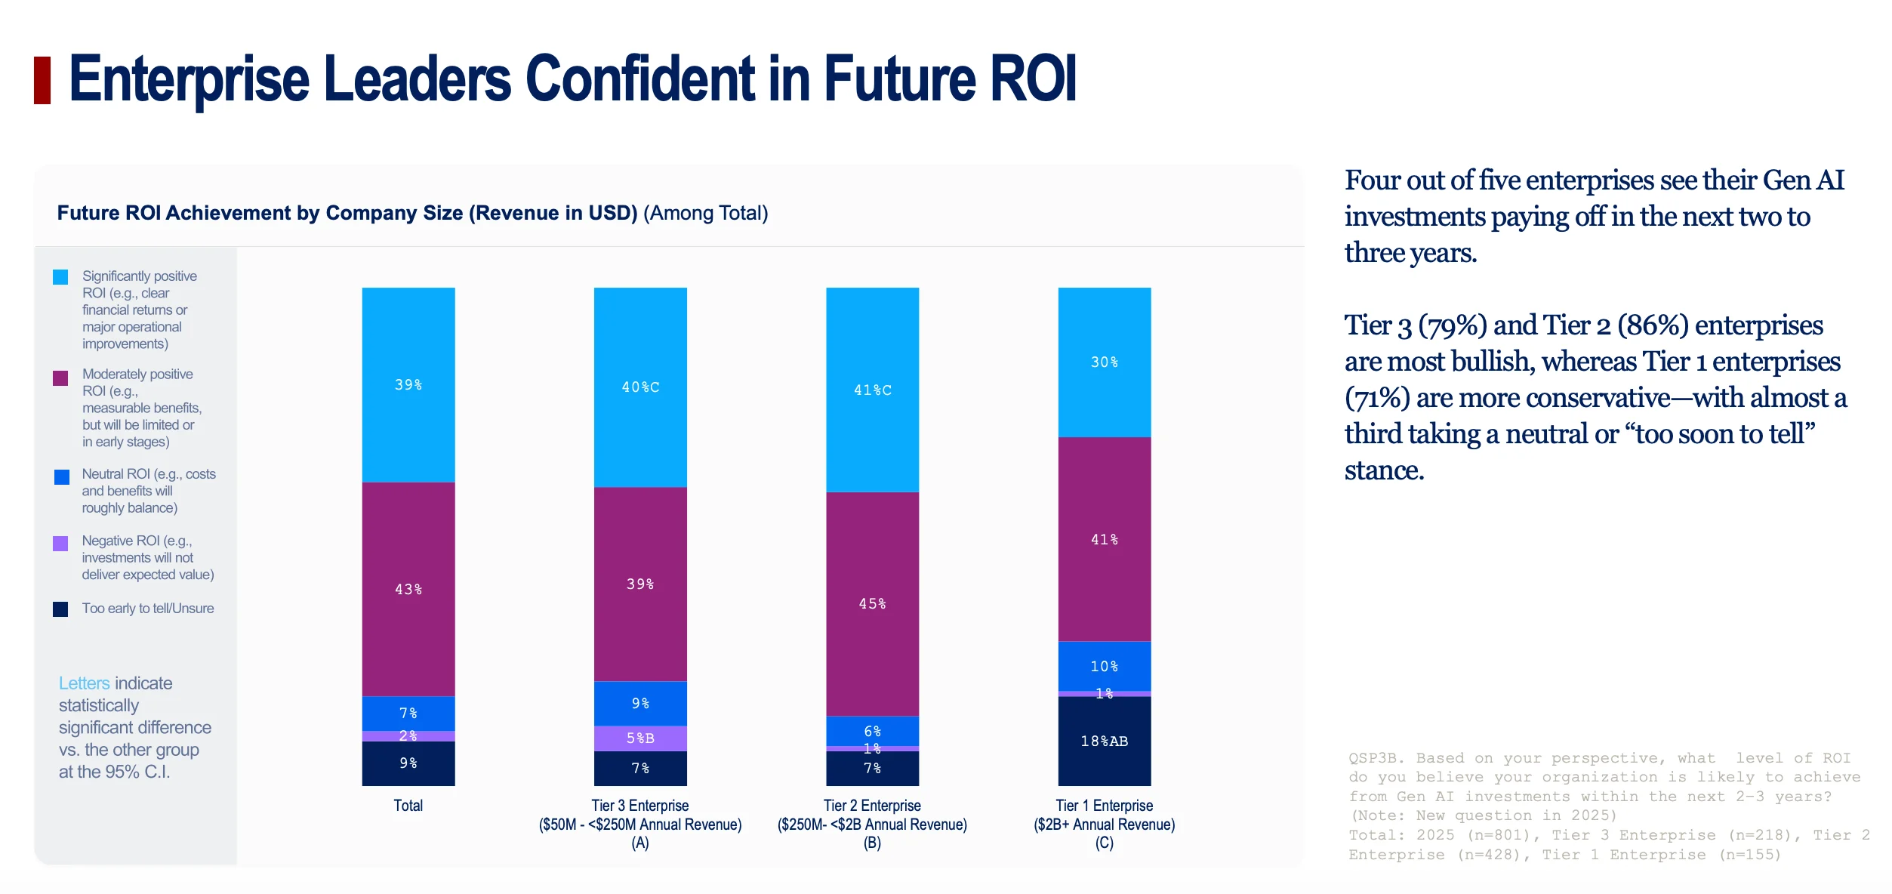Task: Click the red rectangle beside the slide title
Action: click(42, 80)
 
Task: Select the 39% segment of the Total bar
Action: click(408, 384)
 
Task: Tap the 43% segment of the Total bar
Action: click(408, 589)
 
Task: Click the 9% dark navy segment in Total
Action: click(408, 763)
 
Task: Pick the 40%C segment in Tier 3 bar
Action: click(640, 387)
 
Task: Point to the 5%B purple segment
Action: click(640, 738)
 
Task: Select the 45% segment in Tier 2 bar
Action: click(872, 604)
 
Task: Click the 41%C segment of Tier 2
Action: click(872, 390)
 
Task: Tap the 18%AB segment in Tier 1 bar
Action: click(1105, 741)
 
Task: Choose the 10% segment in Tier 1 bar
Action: click(1105, 666)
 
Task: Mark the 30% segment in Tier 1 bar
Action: click(1105, 362)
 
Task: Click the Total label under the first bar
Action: click(408, 806)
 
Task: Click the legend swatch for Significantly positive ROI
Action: click(60, 277)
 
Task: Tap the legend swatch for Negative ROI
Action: click(60, 544)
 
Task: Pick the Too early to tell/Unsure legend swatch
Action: click(60, 609)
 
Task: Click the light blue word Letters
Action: click(85, 683)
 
